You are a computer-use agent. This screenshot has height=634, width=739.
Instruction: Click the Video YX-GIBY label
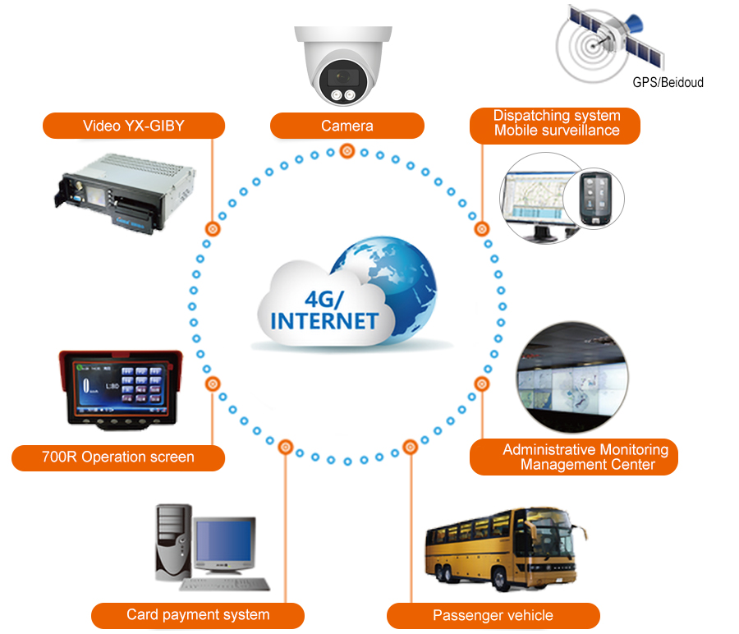tap(134, 126)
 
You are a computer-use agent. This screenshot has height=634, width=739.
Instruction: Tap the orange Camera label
tap(347, 126)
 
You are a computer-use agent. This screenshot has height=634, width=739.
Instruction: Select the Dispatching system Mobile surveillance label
tap(556, 123)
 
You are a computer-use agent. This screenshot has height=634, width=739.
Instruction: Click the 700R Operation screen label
tap(118, 457)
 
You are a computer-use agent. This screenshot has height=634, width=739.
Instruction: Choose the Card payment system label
tap(198, 614)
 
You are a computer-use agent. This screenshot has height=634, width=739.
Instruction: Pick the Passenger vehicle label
tap(493, 615)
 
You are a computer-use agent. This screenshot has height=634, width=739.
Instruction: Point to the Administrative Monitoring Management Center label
tap(585, 457)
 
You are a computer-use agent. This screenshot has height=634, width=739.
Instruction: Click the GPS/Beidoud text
tap(668, 82)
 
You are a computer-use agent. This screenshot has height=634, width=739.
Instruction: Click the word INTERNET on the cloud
tap(324, 320)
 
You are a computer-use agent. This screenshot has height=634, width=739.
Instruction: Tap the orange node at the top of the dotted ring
tap(347, 151)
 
